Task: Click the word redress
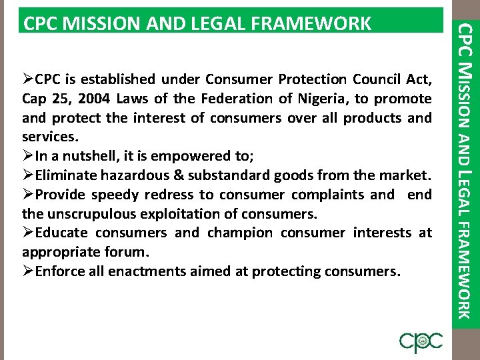tap(165, 195)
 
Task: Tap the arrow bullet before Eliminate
tap(28, 175)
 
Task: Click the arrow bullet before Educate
tap(28, 233)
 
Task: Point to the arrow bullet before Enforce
tap(28, 271)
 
